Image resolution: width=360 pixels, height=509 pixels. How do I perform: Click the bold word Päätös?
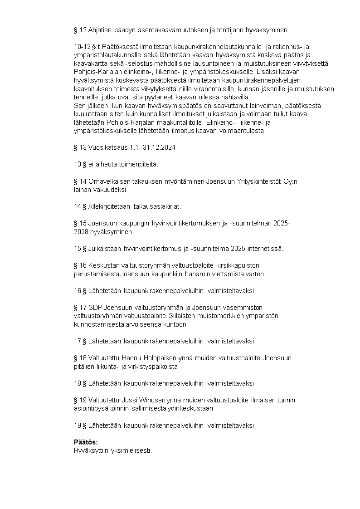[x=86, y=442]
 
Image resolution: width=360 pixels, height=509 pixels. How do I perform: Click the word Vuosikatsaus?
[x=102, y=148]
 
